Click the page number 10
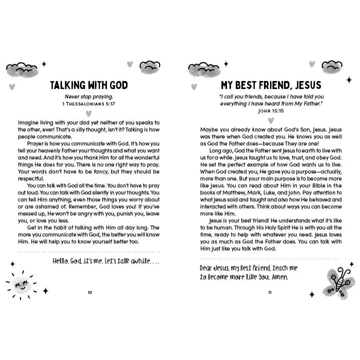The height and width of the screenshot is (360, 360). pyautogui.click(x=89, y=293)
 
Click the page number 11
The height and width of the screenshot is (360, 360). pyautogui.click(x=269, y=293)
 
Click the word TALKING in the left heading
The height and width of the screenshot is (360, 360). pyautogui.click(x=70, y=84)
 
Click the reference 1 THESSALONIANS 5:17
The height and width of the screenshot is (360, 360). pyautogui.click(x=89, y=104)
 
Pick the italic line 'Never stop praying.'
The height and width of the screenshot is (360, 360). pyautogui.click(x=89, y=97)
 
